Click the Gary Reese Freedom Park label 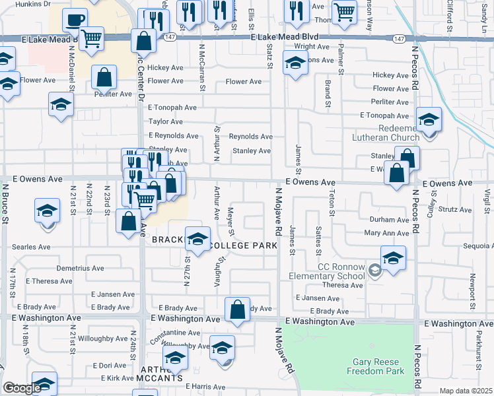coord(378,366)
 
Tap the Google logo coord(21,388)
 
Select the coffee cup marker coord(75,19)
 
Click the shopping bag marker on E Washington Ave coord(238,309)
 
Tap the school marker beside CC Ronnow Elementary coord(393,259)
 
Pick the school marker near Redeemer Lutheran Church coord(429,119)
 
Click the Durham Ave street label coord(390,220)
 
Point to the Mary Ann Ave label coord(387,233)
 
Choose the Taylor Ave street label coord(165,121)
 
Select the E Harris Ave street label coord(205,387)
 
